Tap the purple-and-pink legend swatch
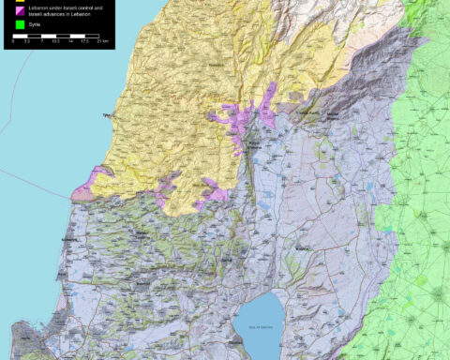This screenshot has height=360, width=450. pyautogui.click(x=22, y=10)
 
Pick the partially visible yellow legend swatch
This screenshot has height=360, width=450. pyautogui.click(x=22, y=1)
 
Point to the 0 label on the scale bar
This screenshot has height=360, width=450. pyautogui.click(x=13, y=42)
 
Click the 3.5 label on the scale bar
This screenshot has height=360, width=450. pyautogui.click(x=27, y=42)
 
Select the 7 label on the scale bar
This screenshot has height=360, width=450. pyautogui.click(x=42, y=42)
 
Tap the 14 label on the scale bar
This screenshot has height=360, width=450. pyautogui.click(x=69, y=42)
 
